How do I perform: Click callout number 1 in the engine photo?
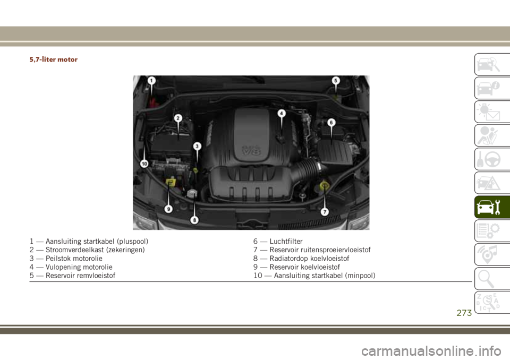tap(151, 81)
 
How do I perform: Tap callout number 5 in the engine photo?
tap(336, 81)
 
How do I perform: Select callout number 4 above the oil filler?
tap(282, 113)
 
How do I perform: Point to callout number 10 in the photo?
tap(144, 164)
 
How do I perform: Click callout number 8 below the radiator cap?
tap(194, 220)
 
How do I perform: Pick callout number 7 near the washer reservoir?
tap(325, 212)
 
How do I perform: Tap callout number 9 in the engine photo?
tap(168, 209)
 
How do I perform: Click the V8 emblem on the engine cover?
tap(251, 150)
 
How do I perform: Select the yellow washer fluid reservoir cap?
tap(324, 186)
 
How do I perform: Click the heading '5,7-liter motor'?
tap(54, 59)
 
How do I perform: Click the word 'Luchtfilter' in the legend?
tap(286, 241)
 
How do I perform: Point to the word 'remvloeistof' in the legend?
tap(96, 276)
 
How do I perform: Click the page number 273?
tap(464, 313)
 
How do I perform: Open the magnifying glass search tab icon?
tap(486, 279)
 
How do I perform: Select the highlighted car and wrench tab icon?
tap(488, 207)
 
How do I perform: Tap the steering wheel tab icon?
tap(489, 159)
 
